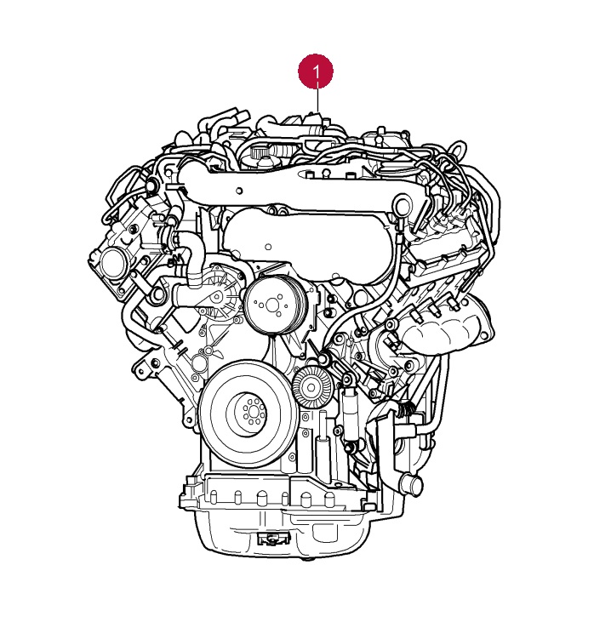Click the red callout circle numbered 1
click(316, 71)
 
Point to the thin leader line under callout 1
click(317, 99)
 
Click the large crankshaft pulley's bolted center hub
click(249, 414)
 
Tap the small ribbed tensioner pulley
click(311, 385)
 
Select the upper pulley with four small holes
click(272, 305)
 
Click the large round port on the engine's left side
click(112, 263)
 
